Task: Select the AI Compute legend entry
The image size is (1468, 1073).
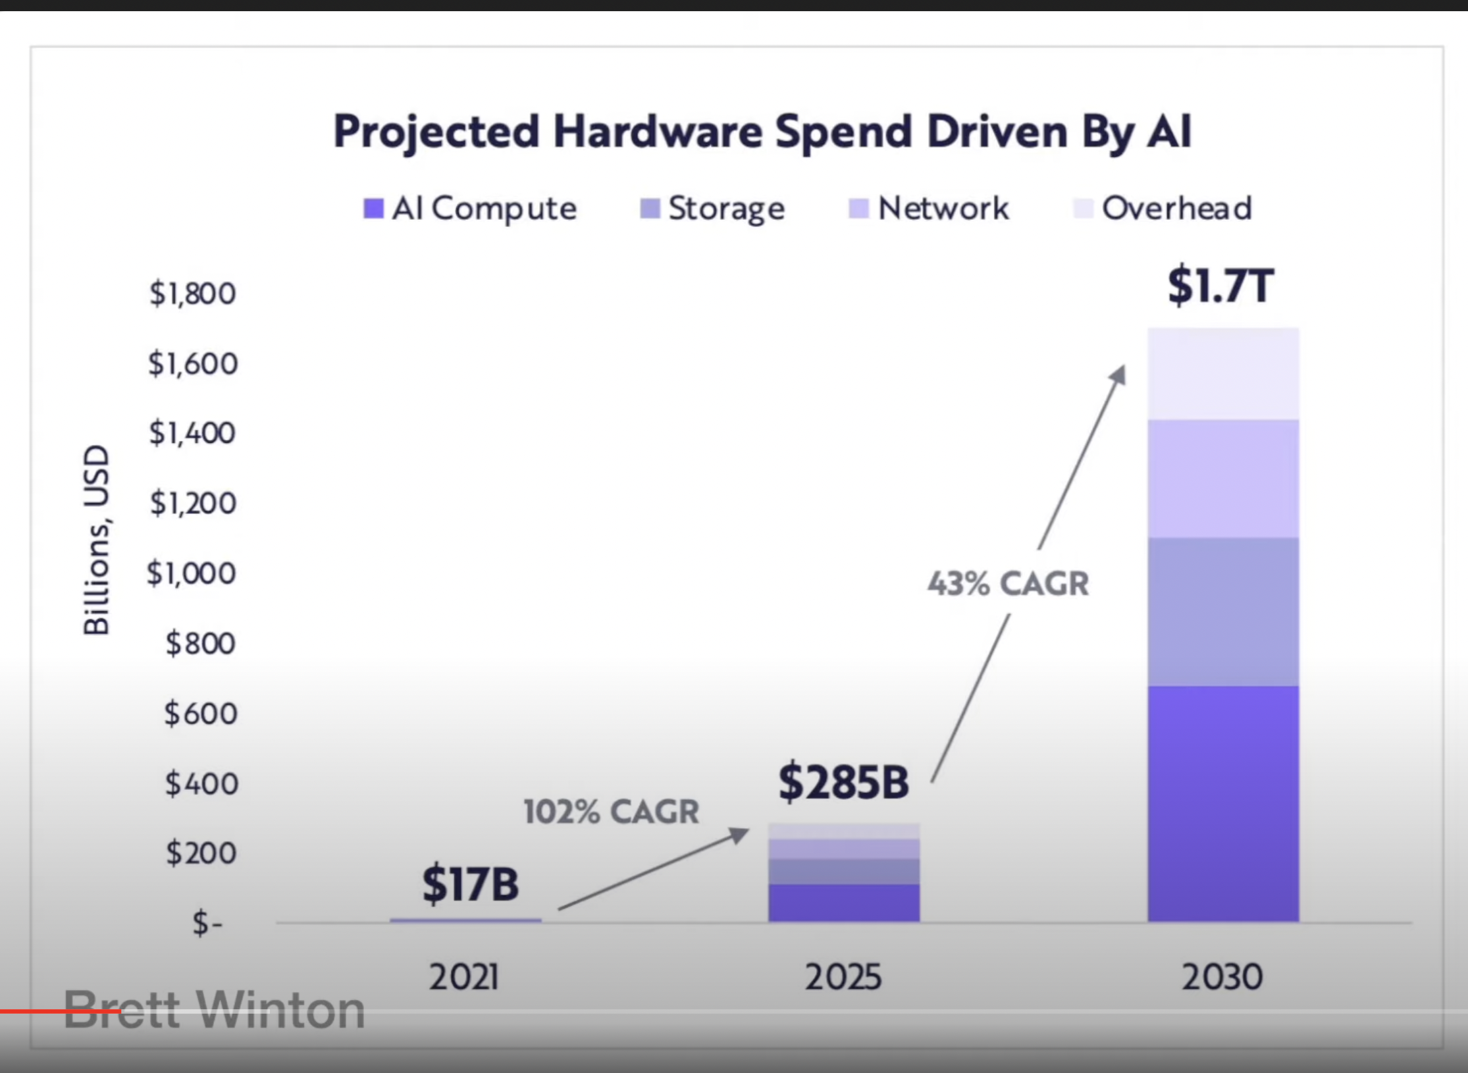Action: [x=471, y=209]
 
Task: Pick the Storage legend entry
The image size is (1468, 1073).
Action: [x=713, y=209]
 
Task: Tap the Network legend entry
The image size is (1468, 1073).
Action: [x=929, y=209]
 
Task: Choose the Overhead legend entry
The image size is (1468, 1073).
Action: [x=1163, y=209]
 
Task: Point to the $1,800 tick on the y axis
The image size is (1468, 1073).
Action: [x=192, y=294]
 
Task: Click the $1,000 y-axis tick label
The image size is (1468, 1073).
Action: [x=192, y=573]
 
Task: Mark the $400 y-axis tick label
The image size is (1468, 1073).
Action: [x=201, y=783]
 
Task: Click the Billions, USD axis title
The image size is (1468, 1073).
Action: [x=97, y=540]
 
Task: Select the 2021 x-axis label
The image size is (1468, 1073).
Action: [x=464, y=977]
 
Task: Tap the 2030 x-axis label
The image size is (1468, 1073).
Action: [x=1222, y=977]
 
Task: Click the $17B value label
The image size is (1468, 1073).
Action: [x=470, y=884]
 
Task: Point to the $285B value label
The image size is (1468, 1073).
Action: [x=843, y=782]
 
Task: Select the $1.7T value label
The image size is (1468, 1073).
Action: [x=1221, y=286]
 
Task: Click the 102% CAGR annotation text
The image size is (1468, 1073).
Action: [x=611, y=812]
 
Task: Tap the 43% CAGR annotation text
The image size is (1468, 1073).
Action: [x=1008, y=584]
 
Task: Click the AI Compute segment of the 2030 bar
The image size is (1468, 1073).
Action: [x=1223, y=803]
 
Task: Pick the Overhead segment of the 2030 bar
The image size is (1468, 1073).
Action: [x=1223, y=373]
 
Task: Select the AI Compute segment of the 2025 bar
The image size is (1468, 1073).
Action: [x=843, y=903]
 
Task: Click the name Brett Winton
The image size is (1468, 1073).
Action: [x=215, y=1010]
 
